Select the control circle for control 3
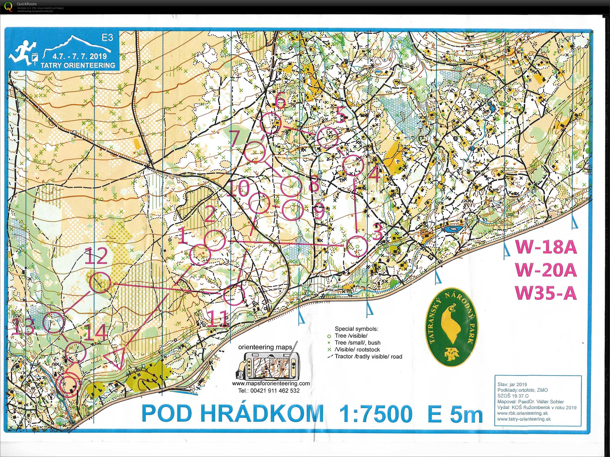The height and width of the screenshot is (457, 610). pyautogui.click(x=357, y=246)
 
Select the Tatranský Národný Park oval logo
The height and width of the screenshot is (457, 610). pyautogui.click(x=452, y=327)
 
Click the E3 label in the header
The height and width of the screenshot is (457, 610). pyautogui.click(x=107, y=38)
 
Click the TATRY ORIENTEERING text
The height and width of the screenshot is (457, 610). pyautogui.click(x=78, y=65)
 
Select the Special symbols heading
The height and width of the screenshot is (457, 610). pyautogui.click(x=356, y=329)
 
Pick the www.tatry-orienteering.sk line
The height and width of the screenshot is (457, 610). pyautogui.click(x=524, y=419)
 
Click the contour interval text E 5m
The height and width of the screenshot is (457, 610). pyautogui.click(x=455, y=414)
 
